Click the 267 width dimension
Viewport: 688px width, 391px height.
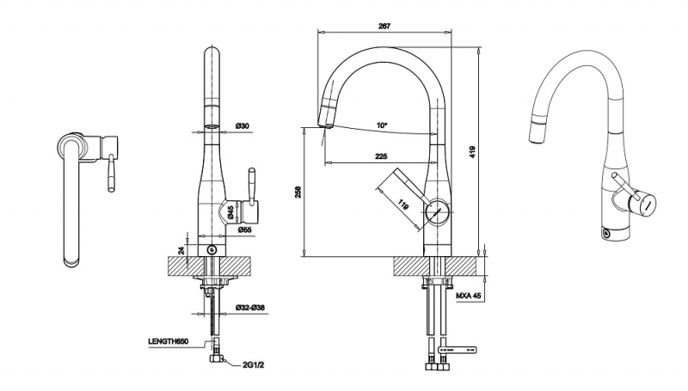click(384, 26)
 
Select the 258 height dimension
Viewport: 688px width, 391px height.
click(298, 192)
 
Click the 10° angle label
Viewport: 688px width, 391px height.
click(382, 125)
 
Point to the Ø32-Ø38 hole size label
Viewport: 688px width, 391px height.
click(249, 306)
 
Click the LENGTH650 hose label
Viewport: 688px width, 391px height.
click(168, 342)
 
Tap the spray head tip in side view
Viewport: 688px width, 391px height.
click(324, 123)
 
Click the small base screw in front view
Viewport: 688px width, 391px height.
click(212, 250)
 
